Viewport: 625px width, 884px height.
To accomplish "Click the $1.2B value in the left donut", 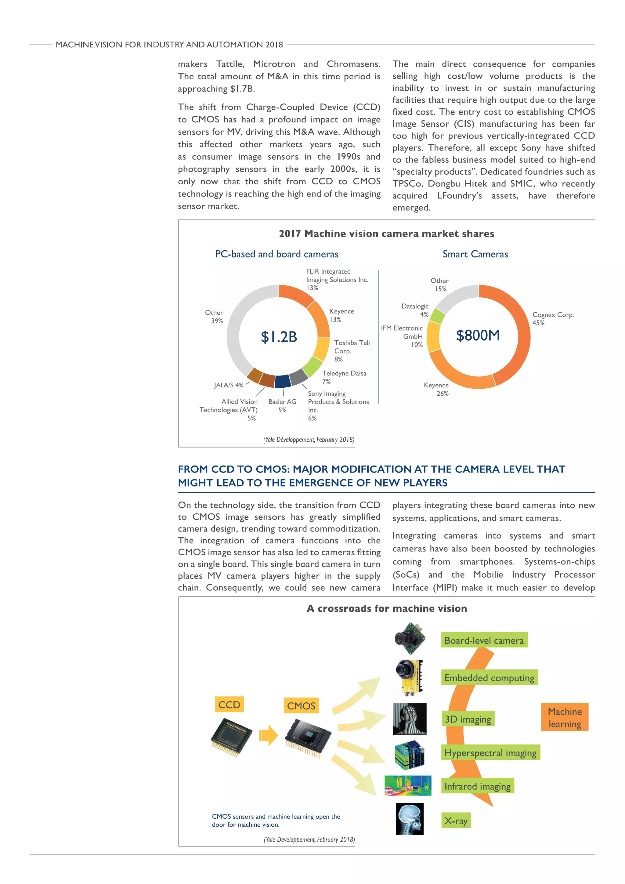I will (x=279, y=337).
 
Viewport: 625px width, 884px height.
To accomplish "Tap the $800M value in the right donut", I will (x=478, y=335).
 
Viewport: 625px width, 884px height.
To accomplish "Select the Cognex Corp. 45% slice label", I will (x=553, y=319).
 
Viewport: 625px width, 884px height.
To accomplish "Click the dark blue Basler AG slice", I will (x=283, y=381).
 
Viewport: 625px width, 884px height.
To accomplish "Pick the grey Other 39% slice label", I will (x=214, y=317).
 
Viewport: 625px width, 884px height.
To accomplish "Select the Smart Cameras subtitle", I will (x=475, y=254).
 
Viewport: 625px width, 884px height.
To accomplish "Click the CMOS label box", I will (x=301, y=706).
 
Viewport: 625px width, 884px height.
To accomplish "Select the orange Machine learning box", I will (x=565, y=718).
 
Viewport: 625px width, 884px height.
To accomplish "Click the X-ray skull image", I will (x=409, y=819).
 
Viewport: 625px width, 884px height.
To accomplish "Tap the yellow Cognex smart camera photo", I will (x=410, y=678).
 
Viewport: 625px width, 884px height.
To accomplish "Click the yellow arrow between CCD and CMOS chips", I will (x=268, y=735).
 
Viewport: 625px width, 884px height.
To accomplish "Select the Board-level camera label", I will (x=484, y=640).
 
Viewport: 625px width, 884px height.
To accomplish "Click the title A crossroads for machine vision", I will (x=386, y=608).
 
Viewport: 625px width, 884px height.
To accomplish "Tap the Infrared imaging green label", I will (x=477, y=786).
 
